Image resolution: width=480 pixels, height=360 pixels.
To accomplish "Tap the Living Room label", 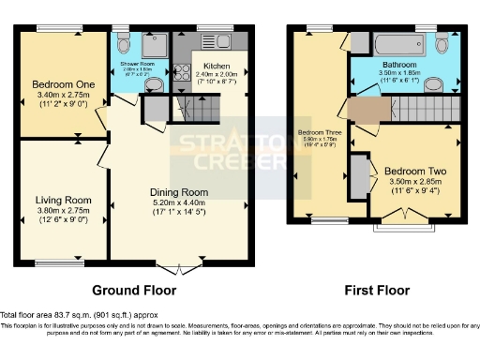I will [63, 200].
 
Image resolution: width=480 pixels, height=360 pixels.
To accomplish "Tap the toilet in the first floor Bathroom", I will [443, 44].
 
